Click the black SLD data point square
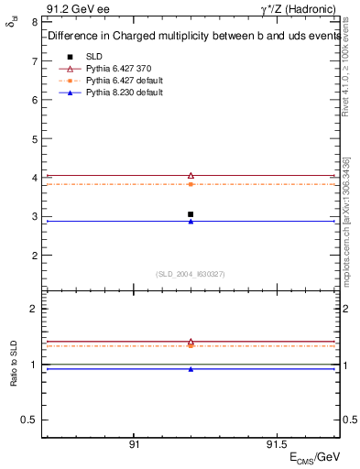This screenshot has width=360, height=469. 191,214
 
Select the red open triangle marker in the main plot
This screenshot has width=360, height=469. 191,175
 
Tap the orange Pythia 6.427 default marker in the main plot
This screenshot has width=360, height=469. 191,184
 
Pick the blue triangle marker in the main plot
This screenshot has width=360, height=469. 191,222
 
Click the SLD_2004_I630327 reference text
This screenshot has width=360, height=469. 190,274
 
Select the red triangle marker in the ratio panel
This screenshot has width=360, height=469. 191,342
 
